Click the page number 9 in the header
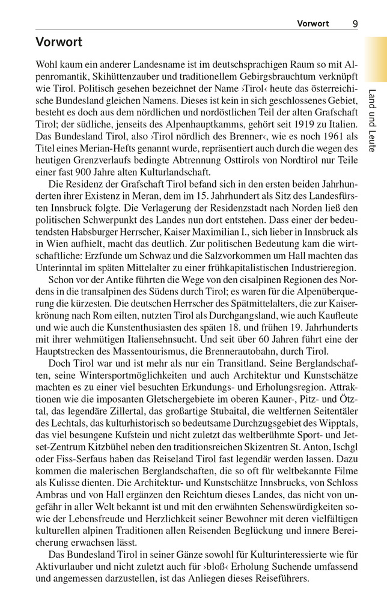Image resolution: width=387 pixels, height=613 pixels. (355, 23)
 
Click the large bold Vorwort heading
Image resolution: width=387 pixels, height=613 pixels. (58, 43)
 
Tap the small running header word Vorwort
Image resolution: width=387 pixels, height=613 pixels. (313, 23)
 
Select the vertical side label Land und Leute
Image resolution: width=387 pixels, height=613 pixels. (372, 120)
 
